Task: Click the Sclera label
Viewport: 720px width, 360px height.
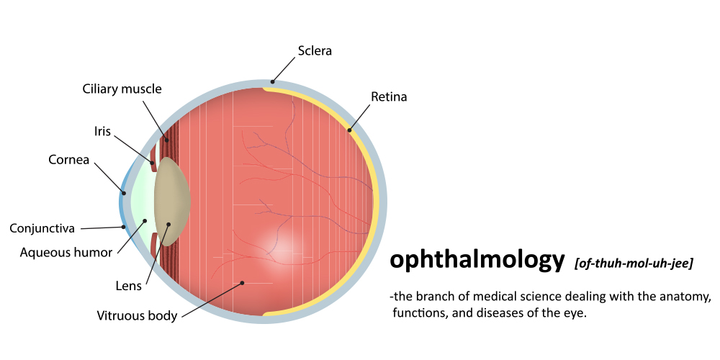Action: tap(315, 50)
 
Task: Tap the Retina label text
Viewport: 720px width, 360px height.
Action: tap(389, 97)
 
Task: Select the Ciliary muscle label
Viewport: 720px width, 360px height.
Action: tap(122, 89)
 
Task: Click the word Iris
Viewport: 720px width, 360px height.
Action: tap(102, 131)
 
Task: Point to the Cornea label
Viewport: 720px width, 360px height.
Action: tap(69, 161)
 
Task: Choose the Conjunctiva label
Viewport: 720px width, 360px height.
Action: tap(42, 228)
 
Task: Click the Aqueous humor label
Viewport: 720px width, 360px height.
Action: tap(66, 252)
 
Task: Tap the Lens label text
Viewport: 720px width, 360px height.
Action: tap(129, 286)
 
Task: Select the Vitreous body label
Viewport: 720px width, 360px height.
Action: tap(137, 315)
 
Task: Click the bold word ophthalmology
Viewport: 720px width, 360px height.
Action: tap(477, 261)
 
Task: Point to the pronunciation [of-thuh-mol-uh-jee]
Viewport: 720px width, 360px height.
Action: tap(634, 264)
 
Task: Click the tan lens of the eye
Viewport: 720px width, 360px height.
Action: tap(172, 201)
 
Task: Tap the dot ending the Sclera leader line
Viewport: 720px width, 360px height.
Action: tap(272, 82)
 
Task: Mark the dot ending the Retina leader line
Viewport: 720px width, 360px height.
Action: tap(349, 130)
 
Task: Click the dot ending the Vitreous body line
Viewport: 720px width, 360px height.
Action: tap(242, 283)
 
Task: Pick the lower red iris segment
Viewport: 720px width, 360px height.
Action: tap(154, 246)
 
